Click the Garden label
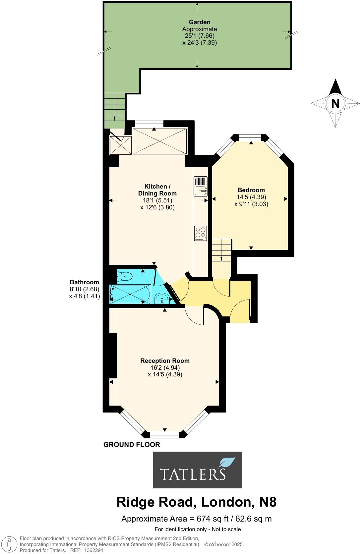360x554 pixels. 200,22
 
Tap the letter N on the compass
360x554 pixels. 335,104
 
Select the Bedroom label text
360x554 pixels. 251,190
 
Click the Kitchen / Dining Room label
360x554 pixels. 157,190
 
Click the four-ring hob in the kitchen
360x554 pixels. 201,233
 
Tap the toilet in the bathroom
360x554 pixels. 124,275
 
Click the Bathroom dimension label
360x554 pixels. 84,282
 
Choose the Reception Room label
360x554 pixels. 165,361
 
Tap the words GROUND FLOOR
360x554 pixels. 132,445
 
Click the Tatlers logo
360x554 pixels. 198,470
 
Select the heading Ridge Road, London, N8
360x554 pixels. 196,502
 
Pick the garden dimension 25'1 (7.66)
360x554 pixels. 200,36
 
